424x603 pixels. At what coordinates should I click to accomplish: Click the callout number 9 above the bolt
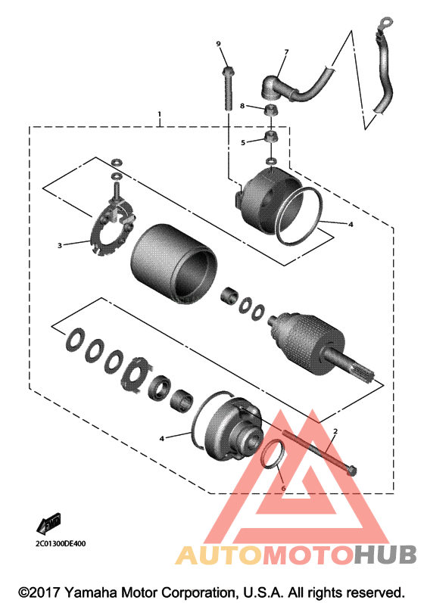tap(219, 44)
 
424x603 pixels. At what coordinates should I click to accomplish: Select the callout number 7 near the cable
tap(286, 51)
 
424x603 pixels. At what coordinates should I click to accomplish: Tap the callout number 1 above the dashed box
tap(159, 114)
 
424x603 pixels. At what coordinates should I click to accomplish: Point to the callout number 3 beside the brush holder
tap(60, 245)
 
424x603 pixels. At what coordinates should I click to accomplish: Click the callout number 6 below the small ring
tap(284, 489)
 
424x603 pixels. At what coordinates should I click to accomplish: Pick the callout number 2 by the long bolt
tap(335, 431)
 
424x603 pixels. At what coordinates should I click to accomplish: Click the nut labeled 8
tap(271, 110)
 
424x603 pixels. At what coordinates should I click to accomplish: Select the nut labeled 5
tap(271, 136)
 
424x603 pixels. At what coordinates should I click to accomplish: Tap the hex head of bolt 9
tap(227, 71)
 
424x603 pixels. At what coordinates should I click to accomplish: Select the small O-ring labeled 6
tap(273, 455)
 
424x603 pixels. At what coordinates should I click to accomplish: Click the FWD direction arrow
tap(48, 524)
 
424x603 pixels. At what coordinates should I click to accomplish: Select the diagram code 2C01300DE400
tap(61, 544)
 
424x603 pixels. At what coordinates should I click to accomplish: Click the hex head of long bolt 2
tap(351, 471)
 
